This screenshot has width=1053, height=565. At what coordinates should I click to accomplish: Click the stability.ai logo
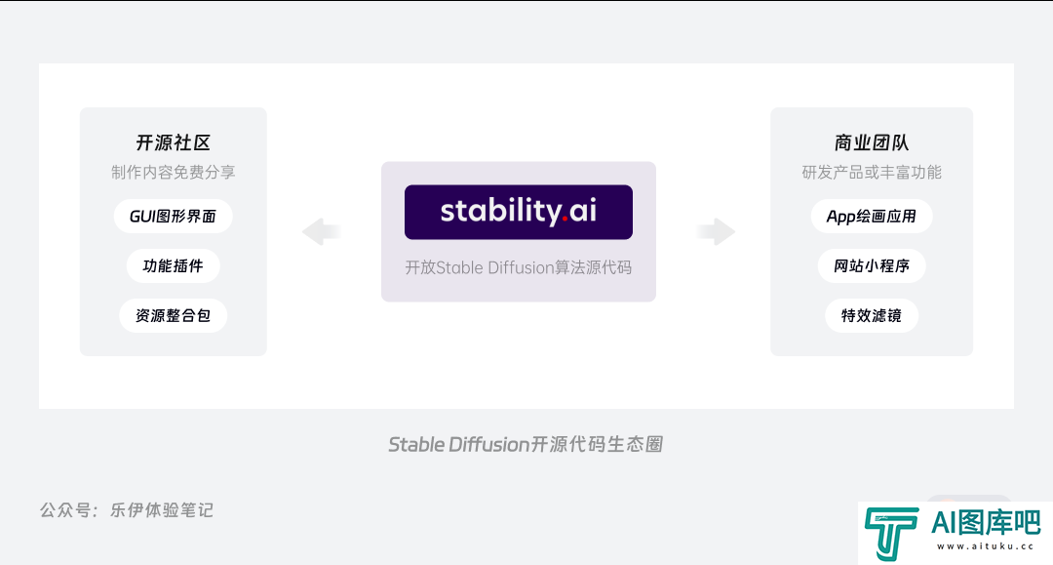click(519, 213)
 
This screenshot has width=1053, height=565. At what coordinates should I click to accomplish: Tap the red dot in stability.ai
click(565, 219)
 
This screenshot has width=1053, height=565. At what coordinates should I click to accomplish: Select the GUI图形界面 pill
click(174, 217)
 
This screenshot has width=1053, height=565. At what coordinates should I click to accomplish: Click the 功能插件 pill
click(174, 266)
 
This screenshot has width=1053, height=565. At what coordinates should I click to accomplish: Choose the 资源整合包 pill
click(174, 316)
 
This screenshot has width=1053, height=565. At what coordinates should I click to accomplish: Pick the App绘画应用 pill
click(872, 217)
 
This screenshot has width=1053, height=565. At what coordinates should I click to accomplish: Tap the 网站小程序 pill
click(872, 266)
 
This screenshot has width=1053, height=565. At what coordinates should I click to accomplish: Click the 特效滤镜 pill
click(872, 316)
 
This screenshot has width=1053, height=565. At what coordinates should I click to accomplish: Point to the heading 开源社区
click(174, 142)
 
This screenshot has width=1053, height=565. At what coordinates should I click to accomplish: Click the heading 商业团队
click(872, 142)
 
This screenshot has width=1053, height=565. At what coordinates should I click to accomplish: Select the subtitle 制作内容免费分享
click(174, 173)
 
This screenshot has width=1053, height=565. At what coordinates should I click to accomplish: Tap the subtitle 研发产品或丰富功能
click(872, 173)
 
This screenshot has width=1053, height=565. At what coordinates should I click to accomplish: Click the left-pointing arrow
click(322, 232)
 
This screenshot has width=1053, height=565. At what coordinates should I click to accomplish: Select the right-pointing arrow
click(716, 232)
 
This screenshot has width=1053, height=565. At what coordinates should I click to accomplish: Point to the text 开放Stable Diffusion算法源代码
click(519, 268)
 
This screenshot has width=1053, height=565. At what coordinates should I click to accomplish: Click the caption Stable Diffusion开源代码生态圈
click(526, 445)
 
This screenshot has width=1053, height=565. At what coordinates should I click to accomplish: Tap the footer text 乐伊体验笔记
click(162, 510)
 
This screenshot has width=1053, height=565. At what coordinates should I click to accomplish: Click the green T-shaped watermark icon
click(891, 534)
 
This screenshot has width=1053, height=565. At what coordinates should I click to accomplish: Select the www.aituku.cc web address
click(986, 546)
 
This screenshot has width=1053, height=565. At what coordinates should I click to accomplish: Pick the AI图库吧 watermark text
click(986, 523)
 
